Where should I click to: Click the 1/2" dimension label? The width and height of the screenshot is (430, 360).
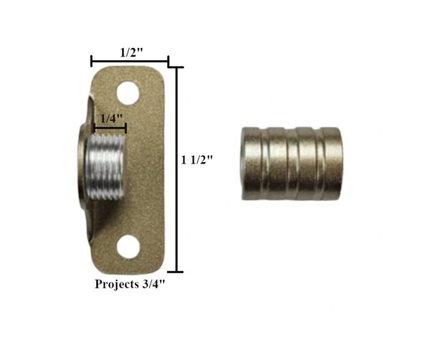[x=132, y=52]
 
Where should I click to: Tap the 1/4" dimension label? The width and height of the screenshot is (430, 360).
[x=111, y=119]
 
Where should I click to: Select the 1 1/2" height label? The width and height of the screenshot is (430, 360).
[x=197, y=160]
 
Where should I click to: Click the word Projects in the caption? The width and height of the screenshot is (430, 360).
[x=117, y=284]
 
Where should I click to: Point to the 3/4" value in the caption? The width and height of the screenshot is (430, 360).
[x=154, y=284]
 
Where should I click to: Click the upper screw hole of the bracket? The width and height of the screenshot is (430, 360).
[x=128, y=93]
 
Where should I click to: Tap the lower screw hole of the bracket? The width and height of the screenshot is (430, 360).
[x=128, y=247]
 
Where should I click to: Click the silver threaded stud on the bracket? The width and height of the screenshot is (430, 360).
[x=105, y=167]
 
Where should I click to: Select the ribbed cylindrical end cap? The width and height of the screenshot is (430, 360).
[x=291, y=164]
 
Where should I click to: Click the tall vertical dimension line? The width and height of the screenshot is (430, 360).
[x=178, y=169]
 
